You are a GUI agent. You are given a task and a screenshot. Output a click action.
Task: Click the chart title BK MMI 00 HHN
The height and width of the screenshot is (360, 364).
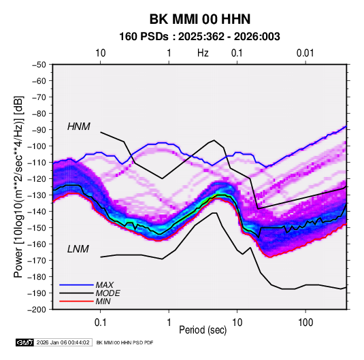click(x=200, y=19)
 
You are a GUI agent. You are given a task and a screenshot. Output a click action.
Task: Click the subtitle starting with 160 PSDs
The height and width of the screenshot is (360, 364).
click(x=199, y=37)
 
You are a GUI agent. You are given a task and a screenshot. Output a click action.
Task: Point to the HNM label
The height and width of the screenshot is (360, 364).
click(x=79, y=127)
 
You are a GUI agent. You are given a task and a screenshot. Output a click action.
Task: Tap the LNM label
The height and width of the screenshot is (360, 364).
click(x=78, y=249)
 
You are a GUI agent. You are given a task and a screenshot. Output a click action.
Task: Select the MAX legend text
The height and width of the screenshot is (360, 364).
click(x=105, y=285)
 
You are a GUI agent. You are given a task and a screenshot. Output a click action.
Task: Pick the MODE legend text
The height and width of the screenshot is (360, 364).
click(x=108, y=293)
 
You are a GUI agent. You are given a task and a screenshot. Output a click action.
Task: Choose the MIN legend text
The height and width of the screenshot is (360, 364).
click(x=103, y=301)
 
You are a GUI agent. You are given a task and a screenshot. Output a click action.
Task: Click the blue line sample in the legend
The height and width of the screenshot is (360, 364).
click(x=76, y=285)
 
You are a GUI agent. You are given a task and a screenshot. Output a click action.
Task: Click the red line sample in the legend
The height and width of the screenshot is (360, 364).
click(x=76, y=301)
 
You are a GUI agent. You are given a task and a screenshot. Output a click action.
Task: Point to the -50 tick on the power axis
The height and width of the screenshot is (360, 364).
click(x=39, y=65)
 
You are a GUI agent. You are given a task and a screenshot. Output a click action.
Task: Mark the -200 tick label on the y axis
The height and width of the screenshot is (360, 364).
click(x=37, y=310)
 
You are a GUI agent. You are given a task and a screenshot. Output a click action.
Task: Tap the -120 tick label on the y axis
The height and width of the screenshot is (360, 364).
click(x=37, y=179)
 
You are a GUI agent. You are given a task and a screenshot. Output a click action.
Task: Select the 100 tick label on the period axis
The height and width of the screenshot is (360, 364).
click(x=305, y=323)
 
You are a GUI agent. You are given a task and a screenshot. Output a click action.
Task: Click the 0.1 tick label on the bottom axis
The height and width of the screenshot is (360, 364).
click(x=100, y=323)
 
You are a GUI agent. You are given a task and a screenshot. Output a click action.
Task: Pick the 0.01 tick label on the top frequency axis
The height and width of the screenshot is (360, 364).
click(x=305, y=53)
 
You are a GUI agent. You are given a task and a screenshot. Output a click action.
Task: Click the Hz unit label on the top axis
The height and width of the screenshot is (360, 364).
click(x=203, y=53)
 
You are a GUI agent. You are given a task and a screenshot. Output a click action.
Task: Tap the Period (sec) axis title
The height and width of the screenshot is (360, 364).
click(x=203, y=330)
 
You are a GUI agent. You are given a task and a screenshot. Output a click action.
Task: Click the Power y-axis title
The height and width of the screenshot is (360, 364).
click(x=18, y=186)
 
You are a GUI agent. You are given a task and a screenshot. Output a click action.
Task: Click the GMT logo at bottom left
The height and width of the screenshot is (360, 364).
click(x=24, y=342)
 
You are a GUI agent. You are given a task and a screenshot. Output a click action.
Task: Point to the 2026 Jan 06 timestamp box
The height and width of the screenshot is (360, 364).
click(x=63, y=342)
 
